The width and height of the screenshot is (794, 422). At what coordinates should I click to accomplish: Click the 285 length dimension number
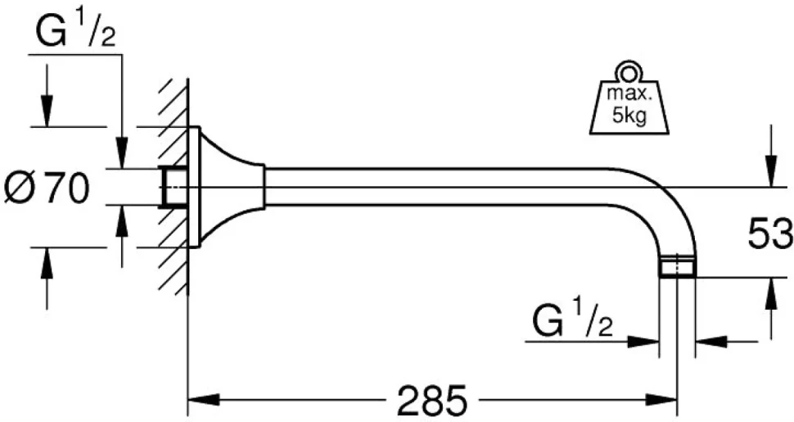point(431,399)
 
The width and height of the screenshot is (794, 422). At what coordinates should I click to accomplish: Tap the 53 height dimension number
point(769,234)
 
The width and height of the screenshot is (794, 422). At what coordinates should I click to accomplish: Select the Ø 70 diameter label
point(47,188)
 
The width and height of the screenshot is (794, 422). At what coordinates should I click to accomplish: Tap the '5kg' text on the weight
point(629,116)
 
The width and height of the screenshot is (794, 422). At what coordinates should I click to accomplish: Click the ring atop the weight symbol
point(629,72)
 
